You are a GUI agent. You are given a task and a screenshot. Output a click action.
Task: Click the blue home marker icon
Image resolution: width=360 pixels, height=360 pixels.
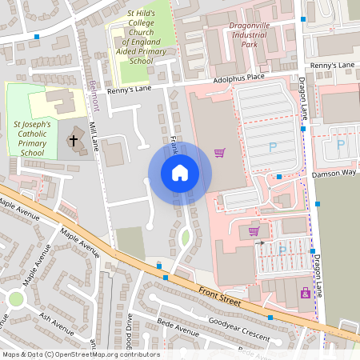[x=180, y=173]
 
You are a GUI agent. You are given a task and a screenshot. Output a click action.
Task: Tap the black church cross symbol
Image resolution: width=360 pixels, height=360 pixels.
[x=74, y=141]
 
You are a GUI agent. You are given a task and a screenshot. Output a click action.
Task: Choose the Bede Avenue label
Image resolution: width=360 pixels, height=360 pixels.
[x=177, y=330]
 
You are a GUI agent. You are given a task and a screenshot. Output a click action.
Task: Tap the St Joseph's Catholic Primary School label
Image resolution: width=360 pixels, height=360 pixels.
[x=32, y=138]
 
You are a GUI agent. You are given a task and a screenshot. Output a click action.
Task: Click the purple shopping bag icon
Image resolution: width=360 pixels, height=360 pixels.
[x=305, y=294]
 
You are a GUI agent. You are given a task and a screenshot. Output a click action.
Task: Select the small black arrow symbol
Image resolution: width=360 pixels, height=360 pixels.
[x=260, y=243]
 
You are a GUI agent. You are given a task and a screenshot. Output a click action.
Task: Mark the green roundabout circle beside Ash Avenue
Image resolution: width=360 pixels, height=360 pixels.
[x=15, y=299]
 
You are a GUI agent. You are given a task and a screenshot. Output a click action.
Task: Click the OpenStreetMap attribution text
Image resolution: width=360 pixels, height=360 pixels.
[x=80, y=354]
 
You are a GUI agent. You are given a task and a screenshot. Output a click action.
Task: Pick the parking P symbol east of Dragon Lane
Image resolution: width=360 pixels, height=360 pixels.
[x=341, y=145]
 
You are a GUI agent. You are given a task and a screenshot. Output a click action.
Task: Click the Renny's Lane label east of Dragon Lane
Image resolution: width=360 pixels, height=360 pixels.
[x=332, y=65]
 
